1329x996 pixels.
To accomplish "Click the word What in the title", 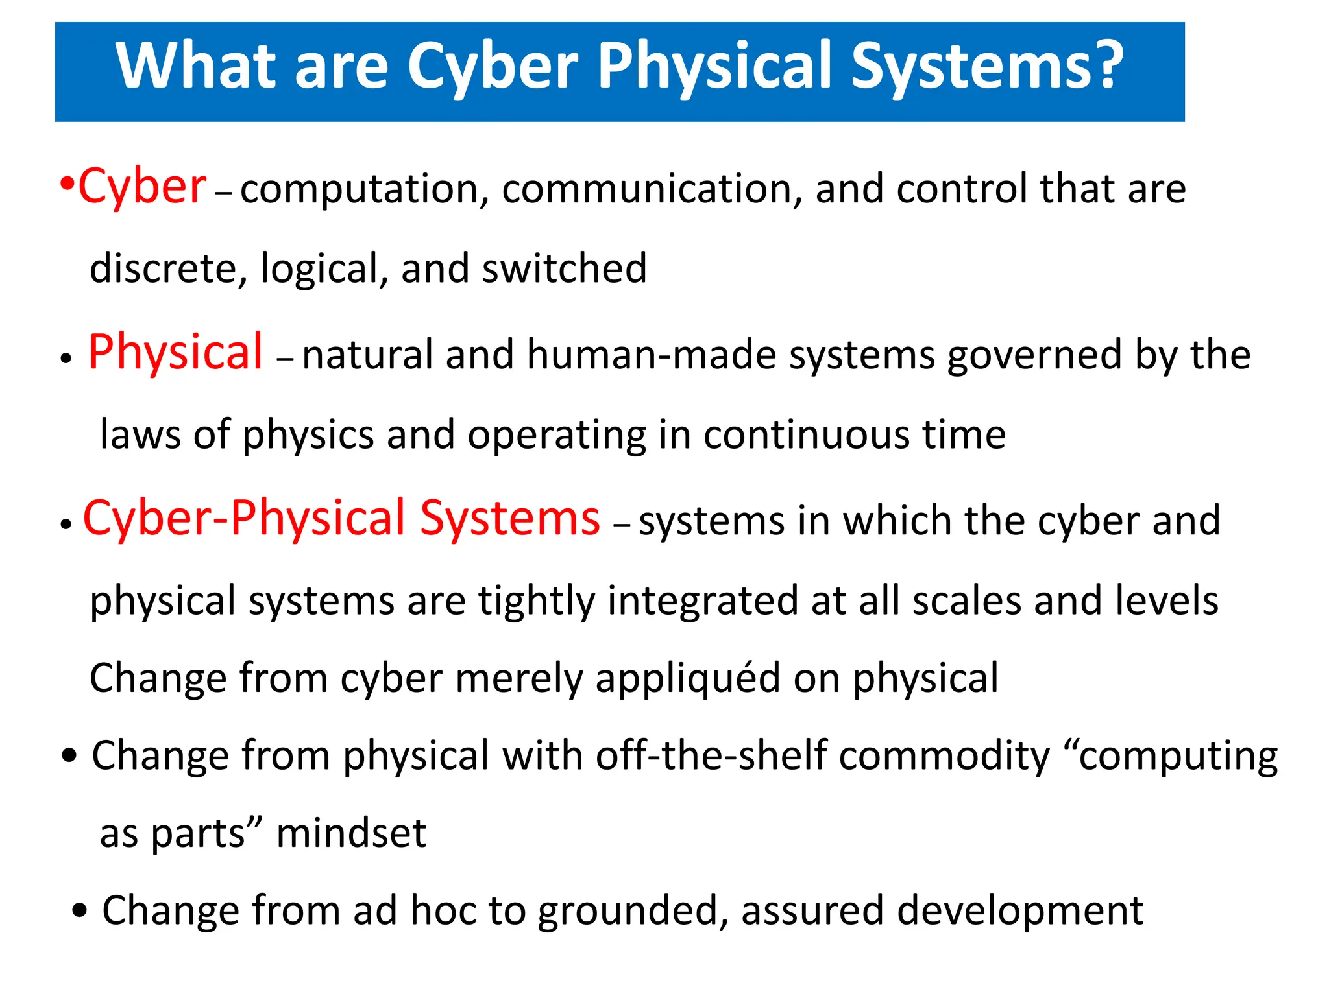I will [195, 65].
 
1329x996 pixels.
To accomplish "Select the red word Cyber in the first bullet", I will [142, 187].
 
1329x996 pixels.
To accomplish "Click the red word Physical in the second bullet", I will [175, 352].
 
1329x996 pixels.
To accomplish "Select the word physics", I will [308, 435].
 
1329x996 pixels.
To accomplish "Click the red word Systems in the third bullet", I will [509, 518].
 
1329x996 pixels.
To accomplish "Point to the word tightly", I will [536, 601].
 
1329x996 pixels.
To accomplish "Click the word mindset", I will [351, 833].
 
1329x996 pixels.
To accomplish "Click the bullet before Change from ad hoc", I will [80, 910].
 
